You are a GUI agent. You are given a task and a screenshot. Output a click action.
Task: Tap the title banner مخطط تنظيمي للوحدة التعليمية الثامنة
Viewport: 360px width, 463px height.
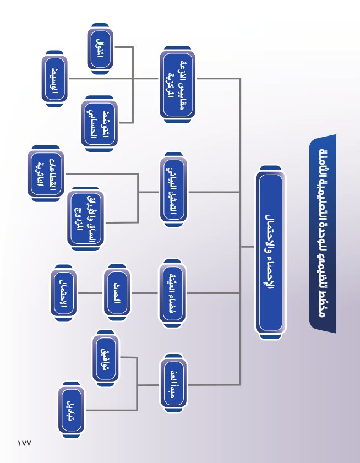pos(322,234)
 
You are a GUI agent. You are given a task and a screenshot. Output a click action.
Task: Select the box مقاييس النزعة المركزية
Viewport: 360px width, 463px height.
pos(177,85)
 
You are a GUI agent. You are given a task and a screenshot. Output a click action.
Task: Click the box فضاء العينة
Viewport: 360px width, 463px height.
pos(172,292)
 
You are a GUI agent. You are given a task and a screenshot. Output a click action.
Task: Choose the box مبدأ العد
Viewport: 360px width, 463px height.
pos(173,383)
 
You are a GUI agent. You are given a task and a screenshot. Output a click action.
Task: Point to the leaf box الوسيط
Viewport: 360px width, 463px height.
pos(54,79)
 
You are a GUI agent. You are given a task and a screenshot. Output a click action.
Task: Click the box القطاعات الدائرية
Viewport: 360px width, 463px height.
pos(46,174)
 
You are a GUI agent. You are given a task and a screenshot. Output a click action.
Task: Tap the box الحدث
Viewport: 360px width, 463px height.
pos(117,293)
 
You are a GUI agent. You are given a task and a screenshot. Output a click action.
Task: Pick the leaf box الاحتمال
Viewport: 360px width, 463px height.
pos(63,293)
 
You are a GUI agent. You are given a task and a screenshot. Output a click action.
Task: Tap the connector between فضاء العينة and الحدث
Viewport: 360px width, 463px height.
pos(144,293)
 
